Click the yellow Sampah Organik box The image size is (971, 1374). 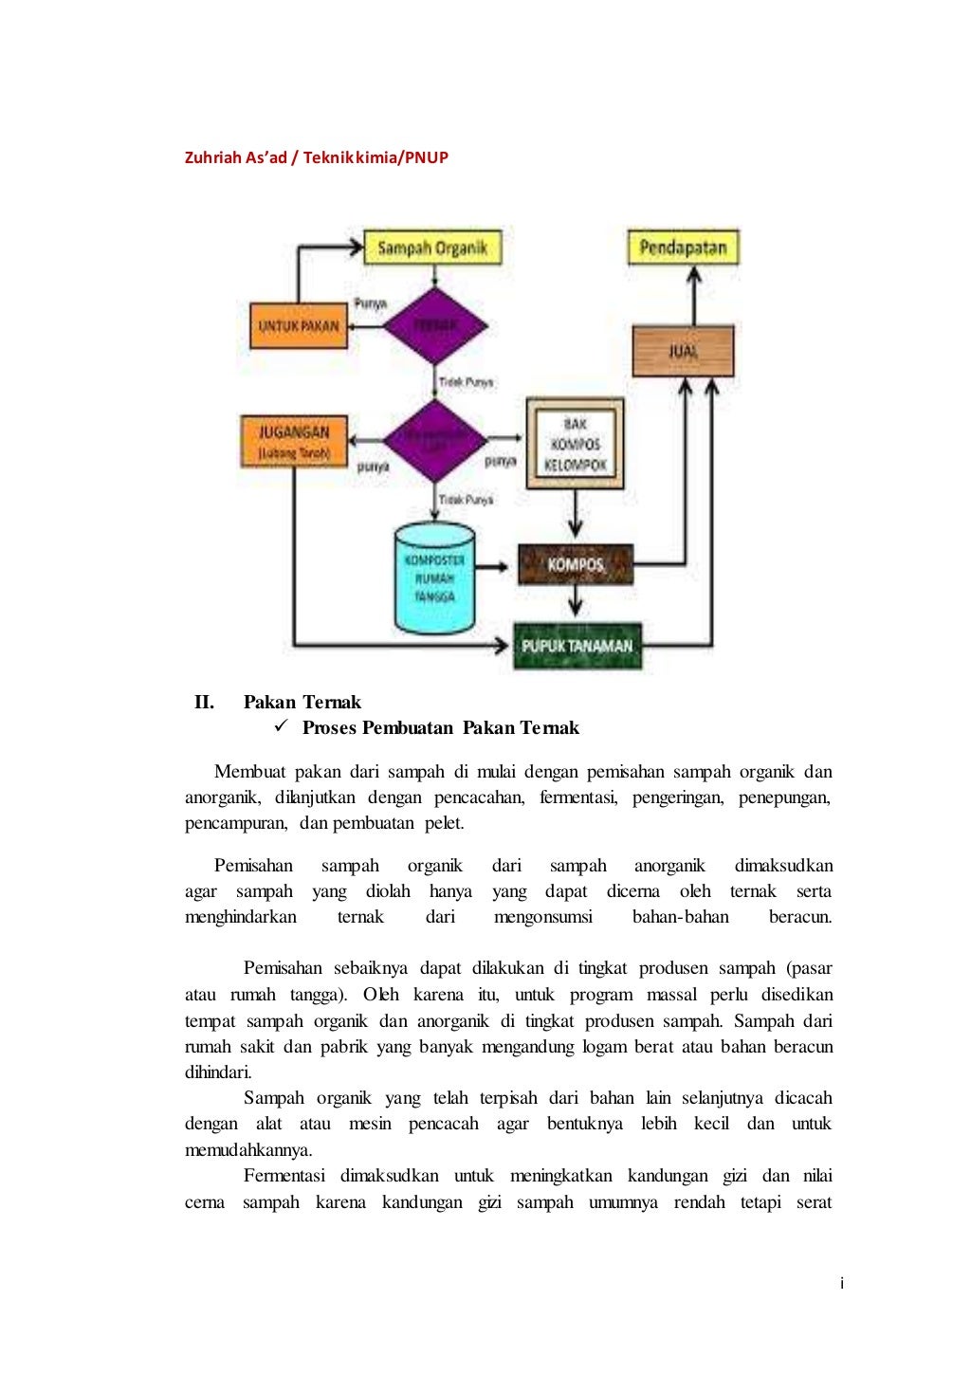pyautogui.click(x=432, y=247)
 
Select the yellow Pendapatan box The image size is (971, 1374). pyautogui.click(x=683, y=247)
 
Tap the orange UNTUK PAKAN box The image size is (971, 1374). pyautogui.click(x=298, y=325)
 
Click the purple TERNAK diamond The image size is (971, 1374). pyautogui.click(x=434, y=325)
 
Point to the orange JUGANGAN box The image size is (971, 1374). pyautogui.click(x=294, y=441)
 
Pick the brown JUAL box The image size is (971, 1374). pyautogui.click(x=683, y=351)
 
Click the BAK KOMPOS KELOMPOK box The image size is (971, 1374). pyautogui.click(x=575, y=444)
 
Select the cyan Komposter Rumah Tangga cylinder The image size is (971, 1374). pyautogui.click(x=433, y=578)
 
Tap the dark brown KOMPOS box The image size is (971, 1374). pyautogui.click(x=575, y=565)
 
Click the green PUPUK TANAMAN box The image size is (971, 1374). pyautogui.click(x=577, y=646)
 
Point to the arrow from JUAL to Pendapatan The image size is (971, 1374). pyautogui.click(x=694, y=294)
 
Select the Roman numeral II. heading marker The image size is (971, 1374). pyautogui.click(x=204, y=703)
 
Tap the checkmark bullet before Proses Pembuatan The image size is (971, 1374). pyautogui.click(x=281, y=726)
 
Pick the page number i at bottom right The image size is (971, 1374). pyautogui.click(x=841, y=1284)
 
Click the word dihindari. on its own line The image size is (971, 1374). pyautogui.click(x=218, y=1072)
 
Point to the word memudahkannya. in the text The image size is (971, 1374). pyautogui.click(x=248, y=1150)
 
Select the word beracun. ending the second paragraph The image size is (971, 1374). pyautogui.click(x=800, y=917)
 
